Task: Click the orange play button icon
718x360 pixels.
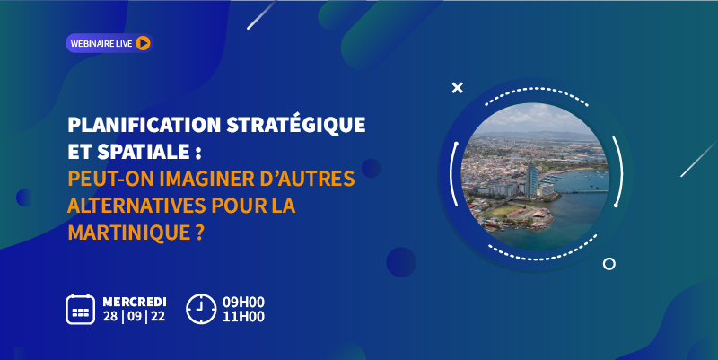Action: (143, 43)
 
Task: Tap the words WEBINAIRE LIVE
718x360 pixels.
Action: (101, 43)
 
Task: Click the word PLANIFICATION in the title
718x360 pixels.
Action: (144, 125)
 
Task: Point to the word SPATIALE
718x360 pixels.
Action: (144, 152)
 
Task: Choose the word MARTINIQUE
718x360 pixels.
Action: (128, 233)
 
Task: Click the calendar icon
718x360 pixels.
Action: (81, 309)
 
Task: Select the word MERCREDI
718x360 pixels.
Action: (135, 302)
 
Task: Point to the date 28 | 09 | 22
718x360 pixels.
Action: (134, 317)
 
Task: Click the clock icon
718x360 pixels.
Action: (201, 309)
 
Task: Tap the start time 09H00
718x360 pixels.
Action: (243, 303)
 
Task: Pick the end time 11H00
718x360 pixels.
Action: (243, 317)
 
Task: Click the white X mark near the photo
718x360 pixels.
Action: (458, 87)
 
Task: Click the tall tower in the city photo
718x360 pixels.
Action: (531, 181)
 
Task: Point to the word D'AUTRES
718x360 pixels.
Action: (307, 179)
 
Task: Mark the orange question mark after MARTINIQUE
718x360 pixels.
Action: (199, 233)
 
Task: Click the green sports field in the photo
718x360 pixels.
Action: (503, 211)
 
